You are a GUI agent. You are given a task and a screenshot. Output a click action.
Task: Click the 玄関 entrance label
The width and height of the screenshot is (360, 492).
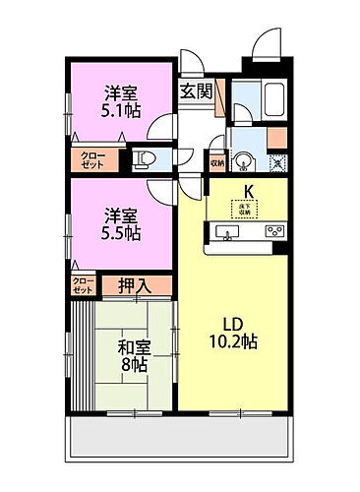196,92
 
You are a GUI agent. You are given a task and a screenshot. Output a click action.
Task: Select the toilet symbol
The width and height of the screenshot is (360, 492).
145,158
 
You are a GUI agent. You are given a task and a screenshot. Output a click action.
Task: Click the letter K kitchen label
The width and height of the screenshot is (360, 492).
248,191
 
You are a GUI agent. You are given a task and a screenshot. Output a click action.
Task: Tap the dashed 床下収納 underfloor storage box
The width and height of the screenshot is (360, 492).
240,208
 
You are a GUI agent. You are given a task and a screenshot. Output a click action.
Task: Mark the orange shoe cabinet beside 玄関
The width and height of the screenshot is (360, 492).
220,98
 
